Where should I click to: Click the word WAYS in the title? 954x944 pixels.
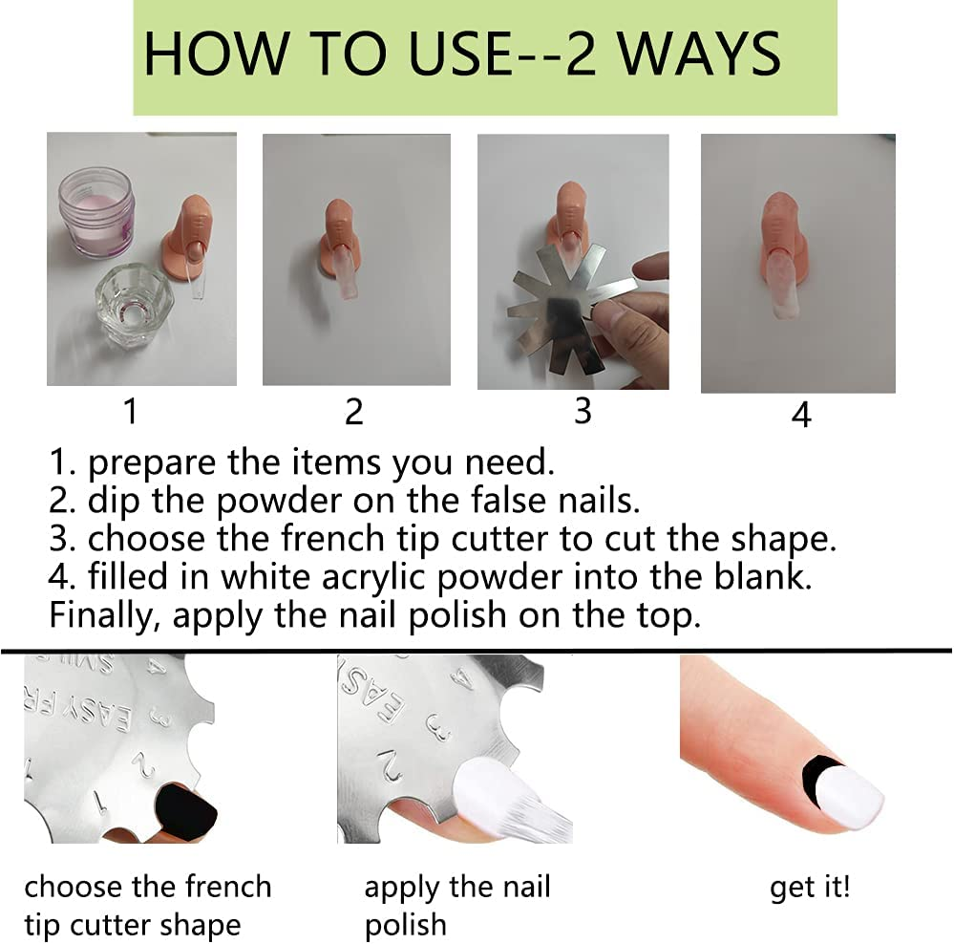pyautogui.click(x=699, y=54)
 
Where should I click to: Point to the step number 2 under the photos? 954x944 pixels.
pyautogui.click(x=353, y=412)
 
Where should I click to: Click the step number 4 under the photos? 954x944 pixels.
pyautogui.click(x=801, y=415)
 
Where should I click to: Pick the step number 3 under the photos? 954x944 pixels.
pyautogui.click(x=583, y=411)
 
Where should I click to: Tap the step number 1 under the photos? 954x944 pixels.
pyautogui.click(x=130, y=411)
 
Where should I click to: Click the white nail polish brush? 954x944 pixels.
pyautogui.click(x=512, y=801)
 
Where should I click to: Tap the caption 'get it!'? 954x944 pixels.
pyautogui.click(x=810, y=888)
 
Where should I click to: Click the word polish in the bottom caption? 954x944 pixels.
pyautogui.click(x=405, y=926)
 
